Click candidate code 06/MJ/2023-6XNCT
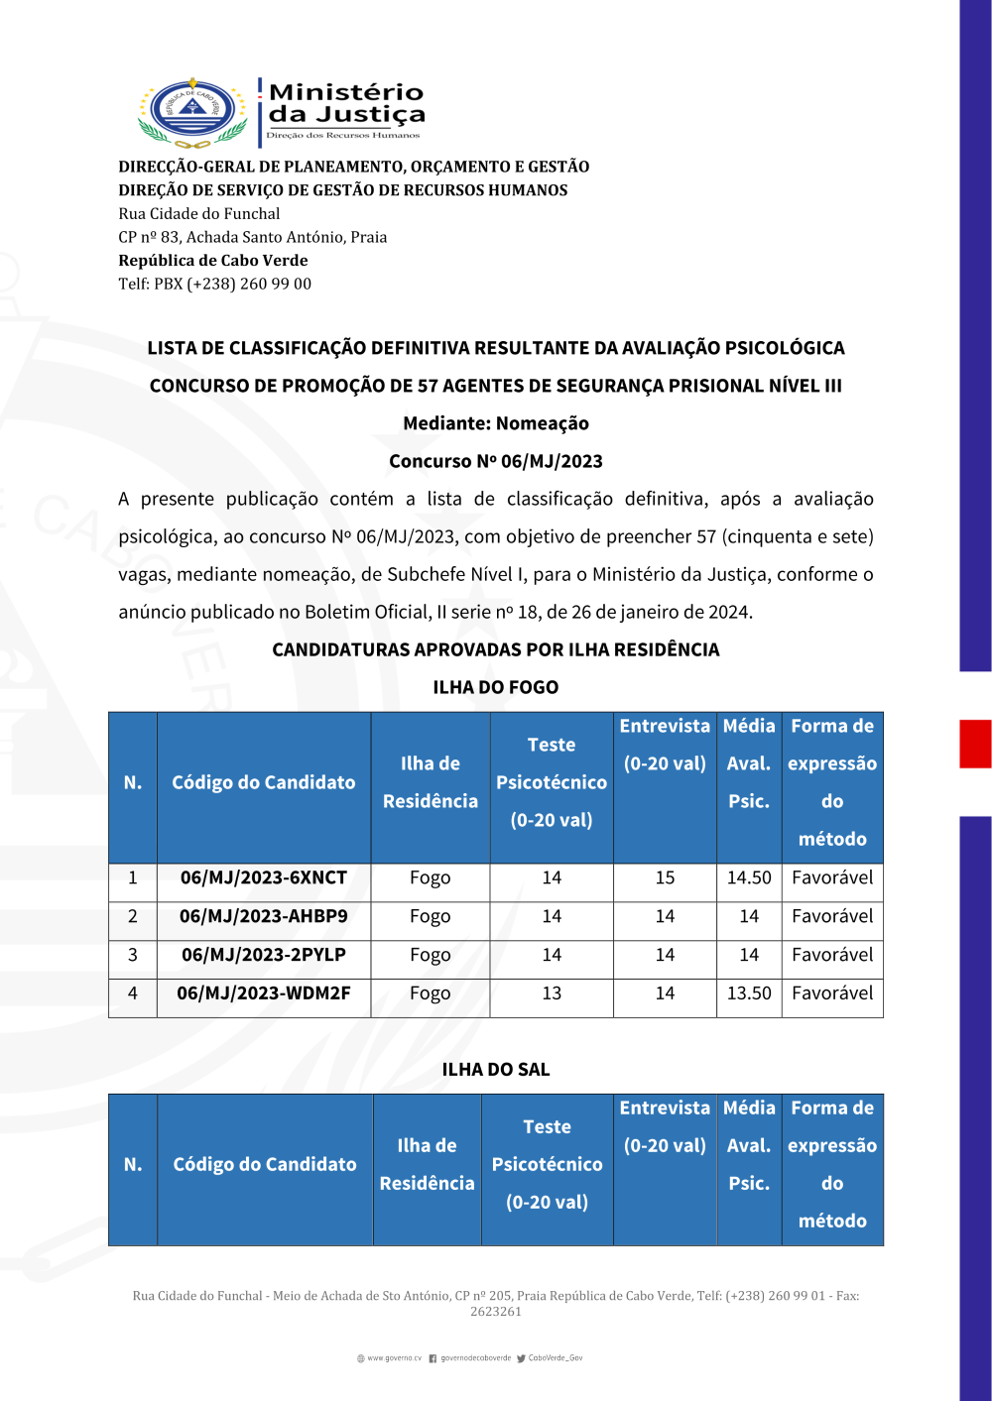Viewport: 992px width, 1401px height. (264, 877)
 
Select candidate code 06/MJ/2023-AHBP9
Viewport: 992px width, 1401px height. (264, 916)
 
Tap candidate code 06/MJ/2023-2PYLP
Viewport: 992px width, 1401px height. (264, 955)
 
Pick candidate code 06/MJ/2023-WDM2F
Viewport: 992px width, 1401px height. (264, 992)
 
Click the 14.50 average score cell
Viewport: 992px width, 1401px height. (749, 877)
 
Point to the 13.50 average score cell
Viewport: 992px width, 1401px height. (749, 992)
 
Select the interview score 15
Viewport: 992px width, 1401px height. (665, 877)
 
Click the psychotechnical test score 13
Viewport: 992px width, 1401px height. (552, 992)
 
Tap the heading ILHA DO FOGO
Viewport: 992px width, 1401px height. (495, 687)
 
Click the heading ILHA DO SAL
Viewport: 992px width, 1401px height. (495, 1069)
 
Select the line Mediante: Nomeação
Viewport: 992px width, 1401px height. (495, 423)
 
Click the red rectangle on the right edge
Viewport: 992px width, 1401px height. (975, 744)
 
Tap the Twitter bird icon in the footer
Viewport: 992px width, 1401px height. (521, 1358)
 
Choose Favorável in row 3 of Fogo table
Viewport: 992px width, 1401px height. (832, 955)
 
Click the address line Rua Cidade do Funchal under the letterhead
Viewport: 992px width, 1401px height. (199, 213)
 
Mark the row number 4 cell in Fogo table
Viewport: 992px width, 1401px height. (133, 992)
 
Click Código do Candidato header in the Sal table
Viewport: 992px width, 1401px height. (265, 1164)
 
